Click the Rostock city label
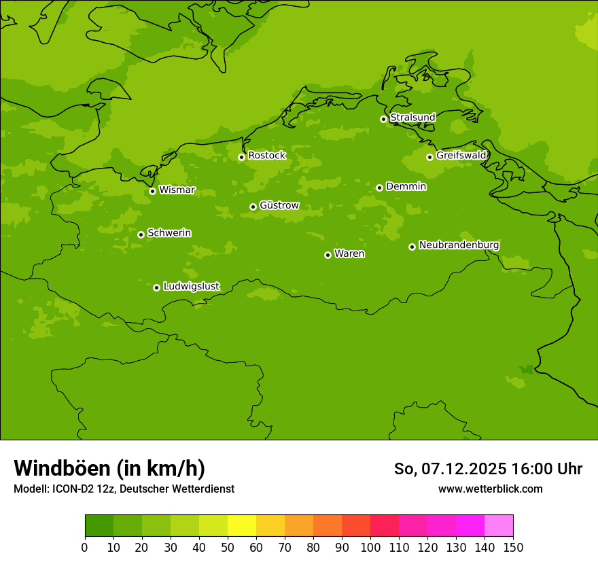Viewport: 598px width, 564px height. pos(267,156)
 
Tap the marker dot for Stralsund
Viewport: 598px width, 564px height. pos(383,119)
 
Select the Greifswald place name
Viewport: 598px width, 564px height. pos(461,156)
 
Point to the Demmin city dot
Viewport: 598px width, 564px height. pos(379,188)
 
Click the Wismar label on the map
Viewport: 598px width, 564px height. pos(177,190)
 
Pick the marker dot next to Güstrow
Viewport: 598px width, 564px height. pos(253,207)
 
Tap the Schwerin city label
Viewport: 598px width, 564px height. pos(169,233)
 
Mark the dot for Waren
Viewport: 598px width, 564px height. pos(328,255)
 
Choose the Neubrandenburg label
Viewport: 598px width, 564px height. pos(459,245)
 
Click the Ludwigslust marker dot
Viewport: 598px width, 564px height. pos(156,287)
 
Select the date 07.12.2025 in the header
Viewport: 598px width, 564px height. pos(463,469)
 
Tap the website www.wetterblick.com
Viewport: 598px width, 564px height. pos(490,489)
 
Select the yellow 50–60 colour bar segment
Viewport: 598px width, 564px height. pos(242,526)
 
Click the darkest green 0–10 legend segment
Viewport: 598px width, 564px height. pos(99,526)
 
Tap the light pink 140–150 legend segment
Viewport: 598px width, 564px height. pos(499,526)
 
